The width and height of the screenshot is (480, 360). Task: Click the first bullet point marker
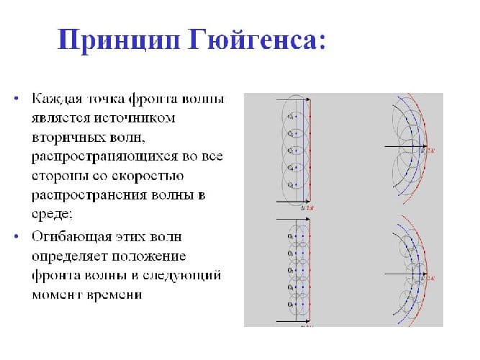coord(15,98)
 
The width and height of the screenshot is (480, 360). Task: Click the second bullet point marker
coord(15,235)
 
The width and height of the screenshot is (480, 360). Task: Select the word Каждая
coord(54,97)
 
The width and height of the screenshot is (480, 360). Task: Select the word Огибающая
coord(68,235)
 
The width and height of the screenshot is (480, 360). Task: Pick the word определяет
coord(68,256)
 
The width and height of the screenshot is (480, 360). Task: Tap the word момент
coord(54,295)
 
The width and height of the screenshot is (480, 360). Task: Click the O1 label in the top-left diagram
coord(290,115)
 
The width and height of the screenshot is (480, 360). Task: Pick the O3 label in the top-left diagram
coord(290,150)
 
